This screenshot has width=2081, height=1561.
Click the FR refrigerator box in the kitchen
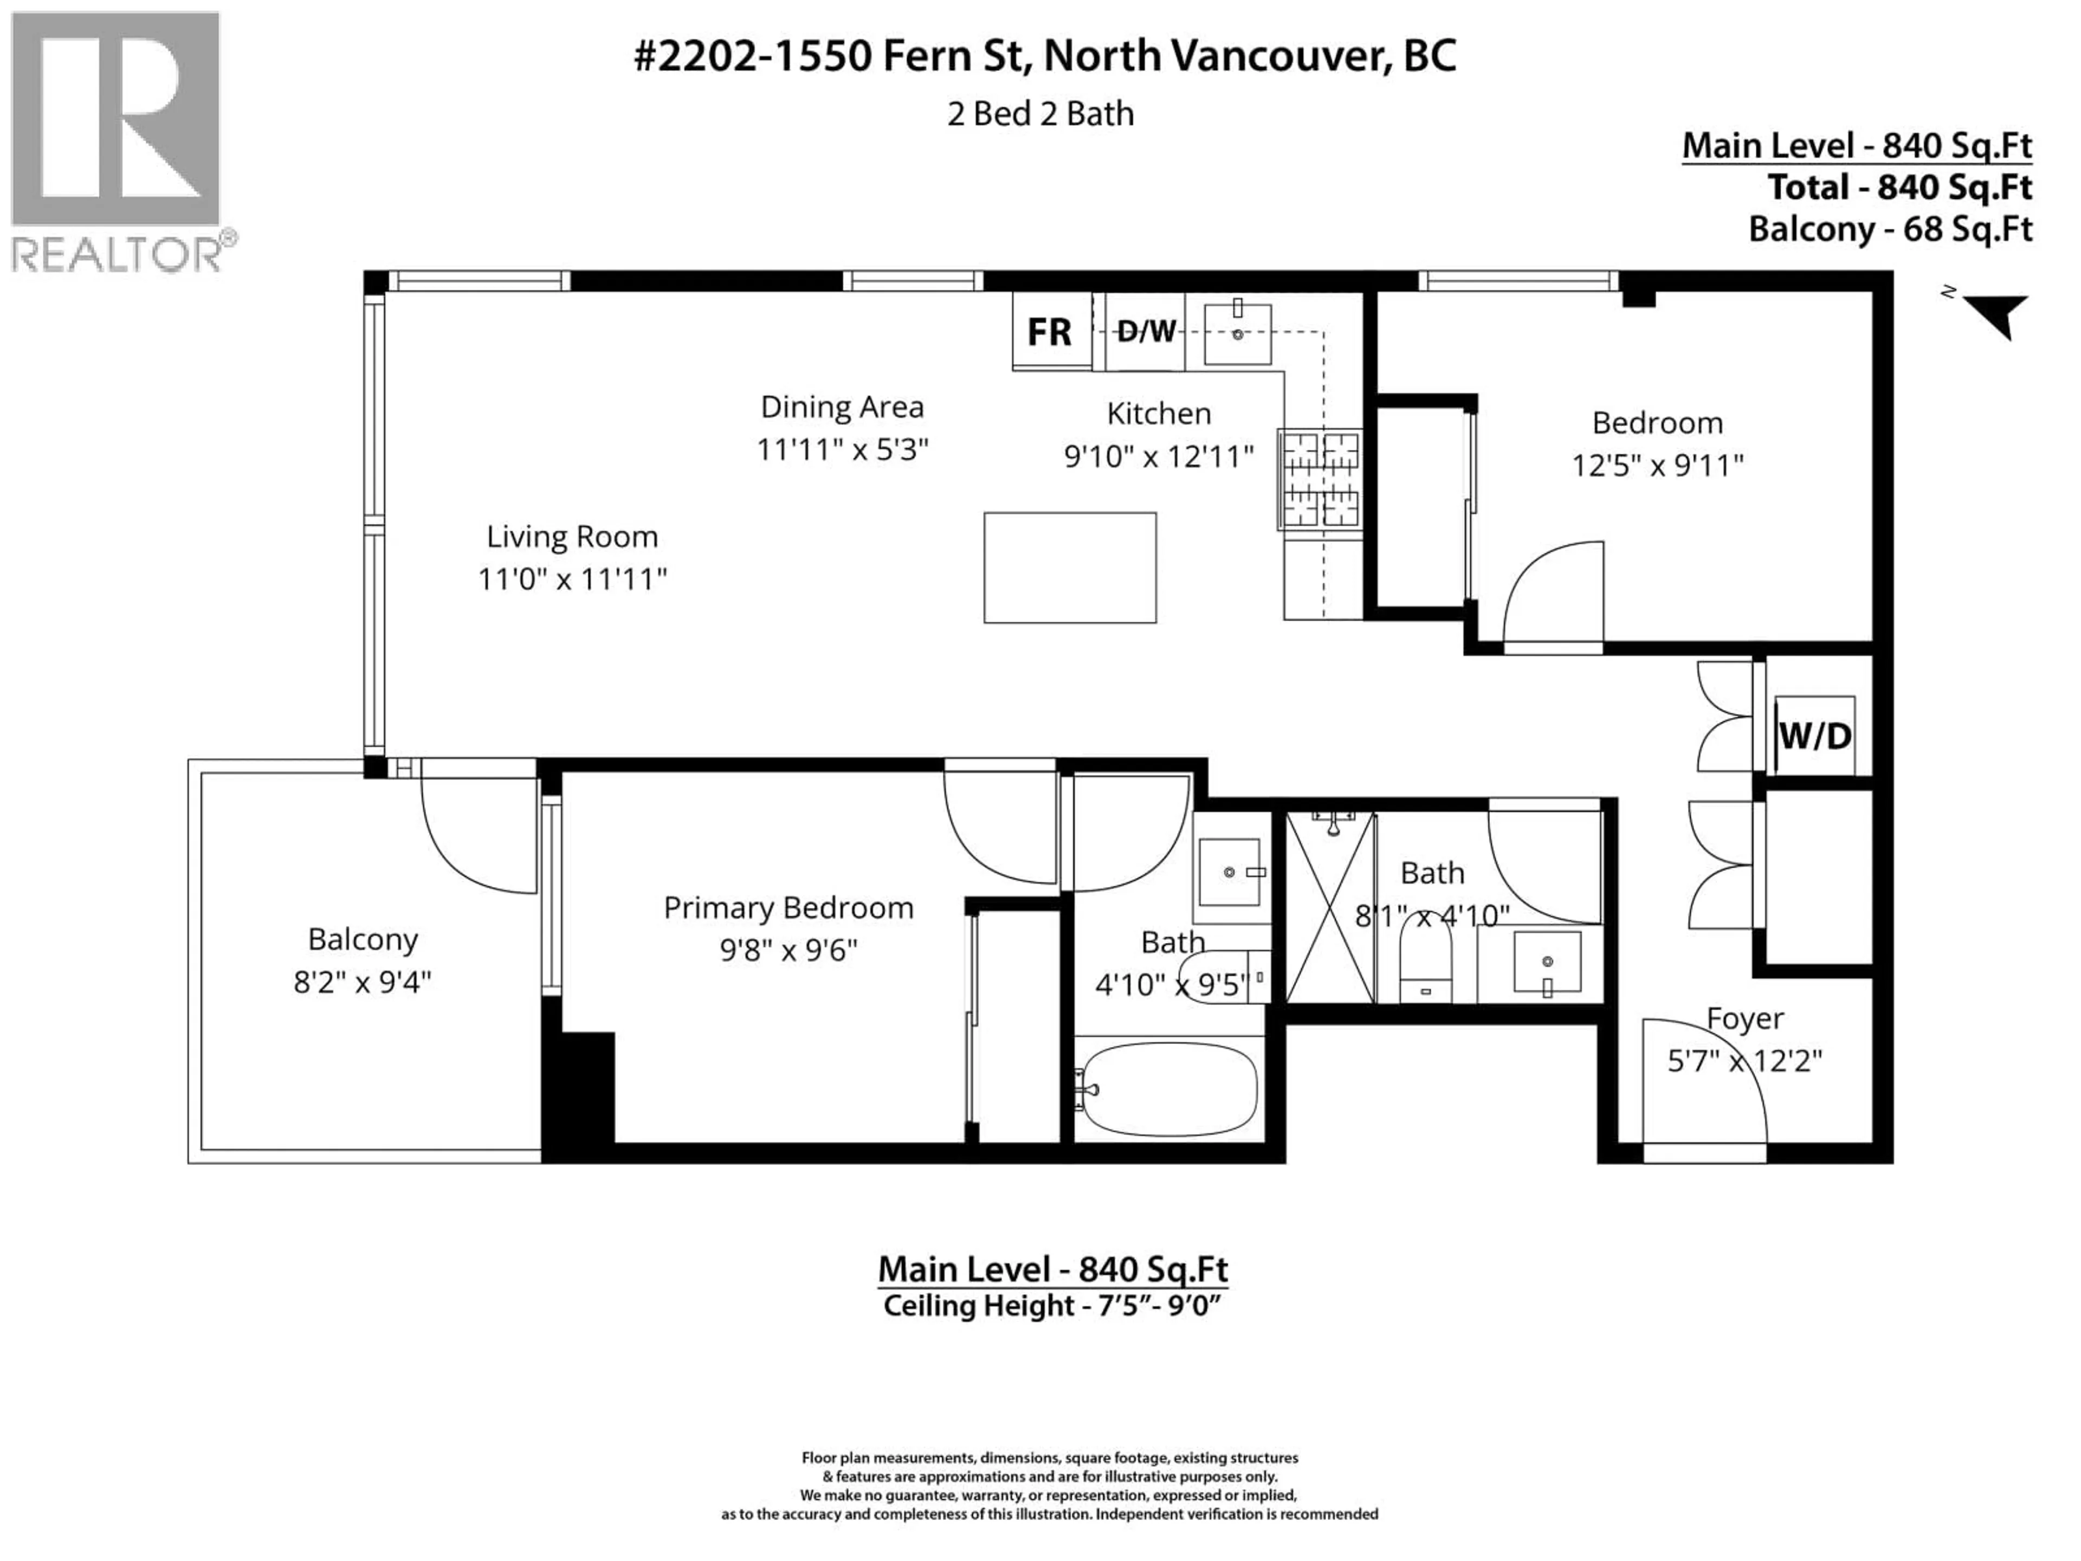point(1050,331)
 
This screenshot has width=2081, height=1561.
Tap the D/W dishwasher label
point(1146,331)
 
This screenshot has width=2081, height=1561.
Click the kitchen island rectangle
point(1070,567)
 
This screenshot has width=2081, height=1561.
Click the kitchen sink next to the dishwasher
point(1237,333)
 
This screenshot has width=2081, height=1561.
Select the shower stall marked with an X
point(1329,907)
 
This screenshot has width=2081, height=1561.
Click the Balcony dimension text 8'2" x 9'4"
point(362,982)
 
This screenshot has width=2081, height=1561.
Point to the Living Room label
point(572,537)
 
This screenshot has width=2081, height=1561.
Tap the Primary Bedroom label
point(789,908)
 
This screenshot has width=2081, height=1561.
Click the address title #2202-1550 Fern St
point(1044,56)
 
